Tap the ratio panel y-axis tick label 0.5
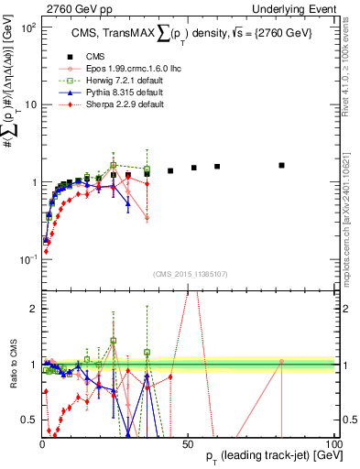point(28,420)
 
